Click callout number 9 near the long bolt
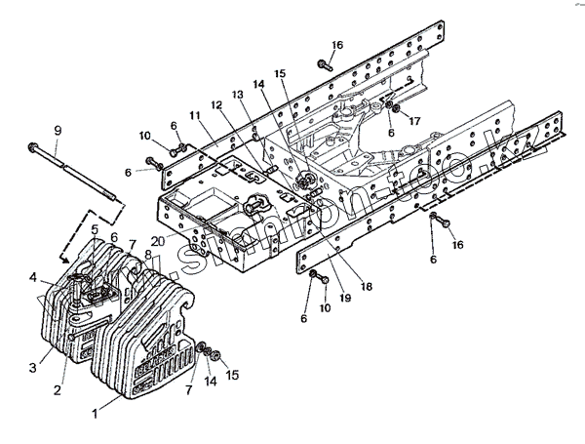tap(57, 131)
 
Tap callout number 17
tap(413, 121)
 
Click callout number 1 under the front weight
tap(95, 413)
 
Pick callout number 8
tap(148, 255)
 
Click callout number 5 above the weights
tap(95, 230)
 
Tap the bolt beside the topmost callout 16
tap(322, 65)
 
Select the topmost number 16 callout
tap(337, 46)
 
